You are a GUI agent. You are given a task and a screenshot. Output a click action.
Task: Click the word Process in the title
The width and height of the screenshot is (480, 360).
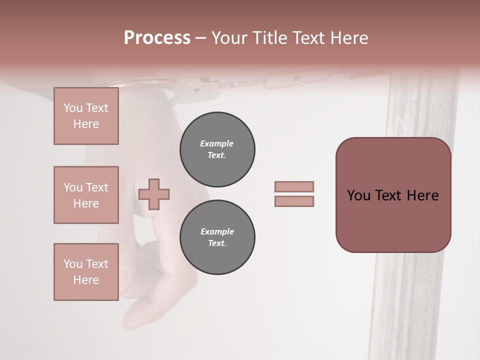[157, 38]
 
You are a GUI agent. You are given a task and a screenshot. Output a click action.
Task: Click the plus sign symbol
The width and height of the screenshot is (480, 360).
[154, 194]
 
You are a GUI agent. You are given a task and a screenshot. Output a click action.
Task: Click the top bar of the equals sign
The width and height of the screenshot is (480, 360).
[294, 186]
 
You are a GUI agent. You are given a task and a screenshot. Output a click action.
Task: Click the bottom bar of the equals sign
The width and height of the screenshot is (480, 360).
[294, 201]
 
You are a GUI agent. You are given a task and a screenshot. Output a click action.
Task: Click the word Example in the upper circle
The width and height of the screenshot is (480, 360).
[217, 143]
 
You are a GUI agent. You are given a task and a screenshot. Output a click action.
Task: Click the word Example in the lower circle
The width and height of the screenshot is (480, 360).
[217, 231]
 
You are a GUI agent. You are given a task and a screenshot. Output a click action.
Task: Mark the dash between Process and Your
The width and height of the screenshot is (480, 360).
[200, 38]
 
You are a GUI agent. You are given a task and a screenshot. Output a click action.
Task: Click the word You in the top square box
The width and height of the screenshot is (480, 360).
[73, 108]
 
